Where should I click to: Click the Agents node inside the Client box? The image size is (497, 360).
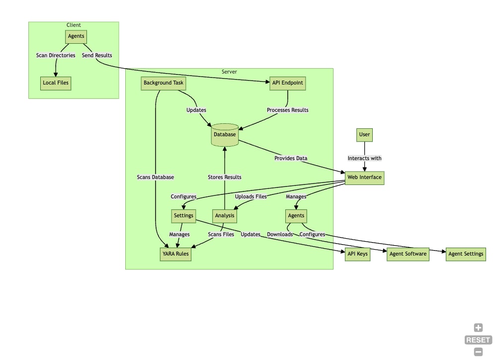(x=76, y=36)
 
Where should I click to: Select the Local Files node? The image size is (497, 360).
(x=56, y=83)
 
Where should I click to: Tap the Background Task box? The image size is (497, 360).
(x=163, y=83)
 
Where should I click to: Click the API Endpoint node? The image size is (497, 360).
(x=287, y=83)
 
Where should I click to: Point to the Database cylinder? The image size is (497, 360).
(x=225, y=135)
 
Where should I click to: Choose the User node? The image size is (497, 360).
(x=364, y=135)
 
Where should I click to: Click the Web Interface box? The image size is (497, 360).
(x=364, y=178)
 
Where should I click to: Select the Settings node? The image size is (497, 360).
(x=183, y=216)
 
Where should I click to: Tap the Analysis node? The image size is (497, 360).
(x=225, y=216)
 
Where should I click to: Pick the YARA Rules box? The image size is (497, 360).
(x=175, y=254)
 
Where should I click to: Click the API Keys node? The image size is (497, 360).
(x=357, y=254)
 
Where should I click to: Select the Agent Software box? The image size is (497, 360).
(x=408, y=254)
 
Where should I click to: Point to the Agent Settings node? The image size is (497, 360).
(x=466, y=254)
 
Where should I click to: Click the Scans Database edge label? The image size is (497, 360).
(x=155, y=178)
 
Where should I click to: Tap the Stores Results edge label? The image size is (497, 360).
(x=225, y=178)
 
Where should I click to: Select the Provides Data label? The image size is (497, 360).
(x=291, y=158)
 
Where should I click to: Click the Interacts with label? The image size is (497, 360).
(x=364, y=158)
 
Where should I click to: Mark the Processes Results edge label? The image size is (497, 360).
(x=287, y=110)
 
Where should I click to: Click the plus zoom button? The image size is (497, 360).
(x=478, y=328)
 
